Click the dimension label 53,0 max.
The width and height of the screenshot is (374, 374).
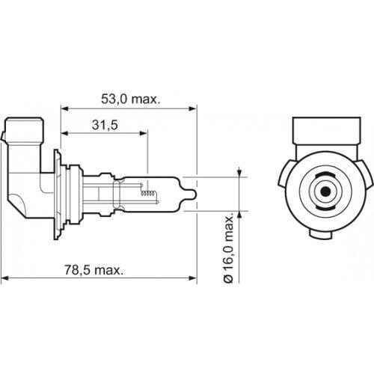coord(130,99)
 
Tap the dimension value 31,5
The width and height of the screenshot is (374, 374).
coord(105,125)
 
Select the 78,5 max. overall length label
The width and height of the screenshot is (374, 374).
coord(94,270)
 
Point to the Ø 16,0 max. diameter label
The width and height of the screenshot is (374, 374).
coord(228,248)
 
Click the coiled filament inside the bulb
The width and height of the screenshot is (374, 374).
coord(149,193)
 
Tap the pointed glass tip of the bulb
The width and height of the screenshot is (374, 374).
coord(193,194)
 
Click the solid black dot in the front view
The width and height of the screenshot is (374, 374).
coord(325,191)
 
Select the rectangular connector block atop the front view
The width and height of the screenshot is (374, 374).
coord(327,131)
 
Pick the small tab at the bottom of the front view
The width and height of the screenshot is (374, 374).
coord(321,234)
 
